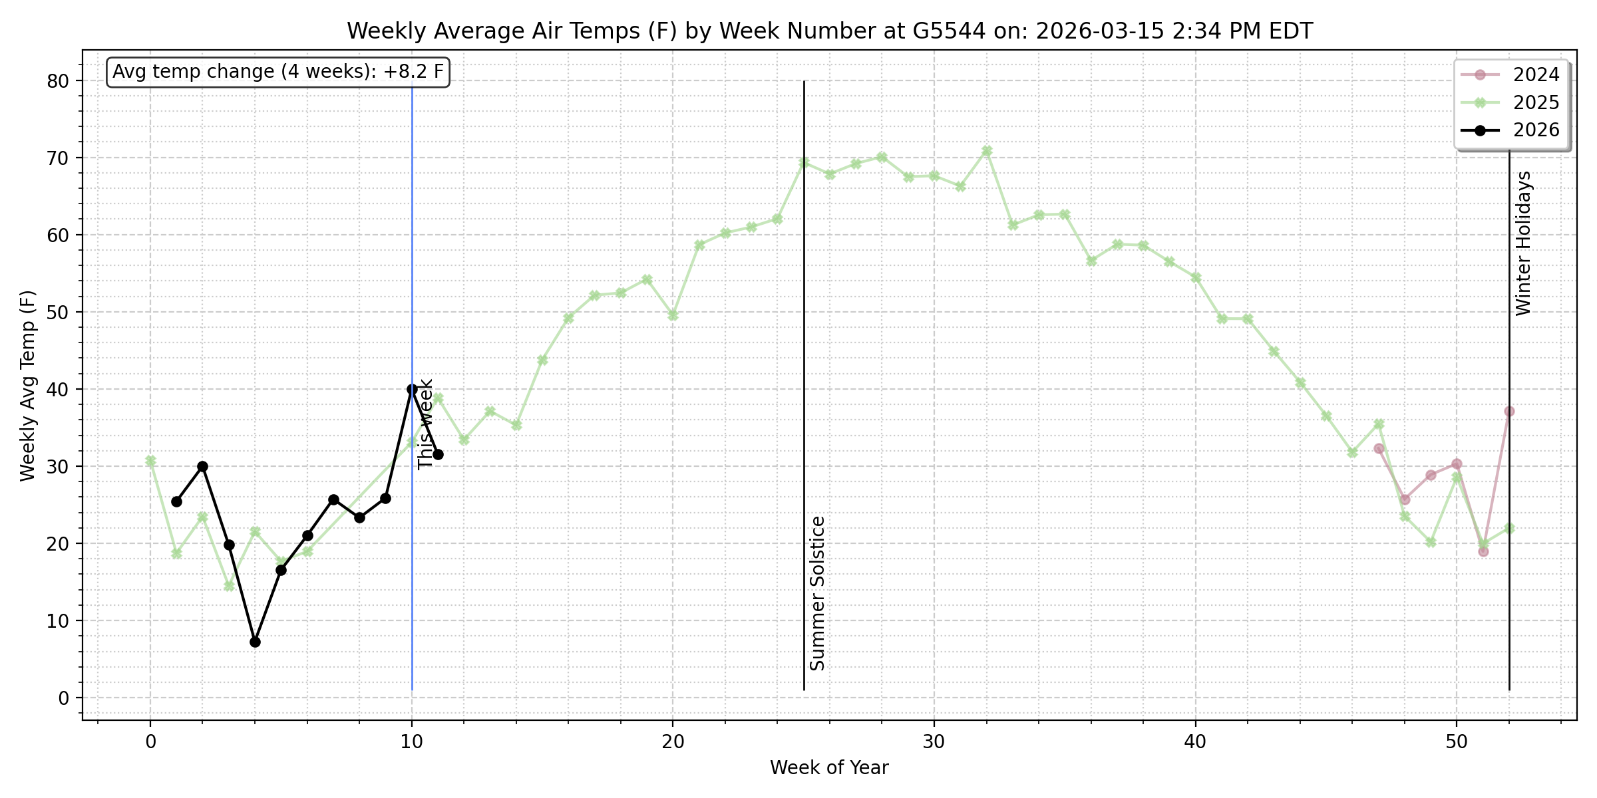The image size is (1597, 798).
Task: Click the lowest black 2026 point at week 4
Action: (x=255, y=642)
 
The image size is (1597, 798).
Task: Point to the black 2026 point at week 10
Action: (x=412, y=389)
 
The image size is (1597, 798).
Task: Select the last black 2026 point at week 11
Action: (x=438, y=454)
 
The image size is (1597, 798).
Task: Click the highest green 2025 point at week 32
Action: (x=987, y=151)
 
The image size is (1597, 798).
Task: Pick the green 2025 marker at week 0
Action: (x=150, y=460)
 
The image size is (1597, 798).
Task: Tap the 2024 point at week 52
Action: (x=1509, y=411)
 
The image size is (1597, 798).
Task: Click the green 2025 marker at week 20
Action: (x=673, y=315)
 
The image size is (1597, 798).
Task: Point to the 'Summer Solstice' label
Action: (x=818, y=593)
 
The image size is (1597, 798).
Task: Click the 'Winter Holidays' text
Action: (x=1524, y=243)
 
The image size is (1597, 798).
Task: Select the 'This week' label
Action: (x=426, y=424)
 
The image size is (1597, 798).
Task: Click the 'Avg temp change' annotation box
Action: (x=277, y=72)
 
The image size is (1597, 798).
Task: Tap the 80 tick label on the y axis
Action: (x=58, y=81)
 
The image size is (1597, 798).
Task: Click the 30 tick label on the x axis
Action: (x=934, y=741)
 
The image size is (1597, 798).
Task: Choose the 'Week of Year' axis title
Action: (x=829, y=768)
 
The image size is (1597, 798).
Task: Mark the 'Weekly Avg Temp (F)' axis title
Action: (x=27, y=386)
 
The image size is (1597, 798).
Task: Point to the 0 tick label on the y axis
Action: (x=64, y=698)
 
